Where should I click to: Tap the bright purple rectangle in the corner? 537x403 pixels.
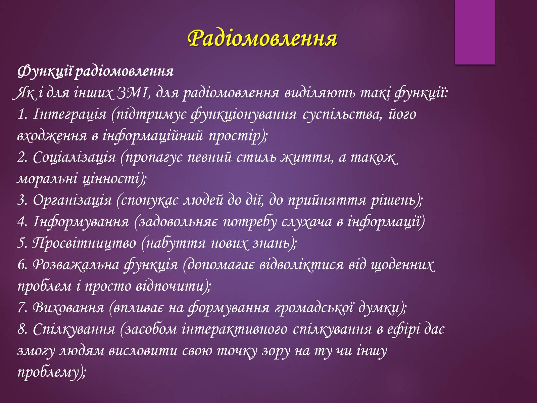pos(475,32)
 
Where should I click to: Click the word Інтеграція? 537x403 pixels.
pos(69,114)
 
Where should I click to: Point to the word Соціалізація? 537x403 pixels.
pos(74,157)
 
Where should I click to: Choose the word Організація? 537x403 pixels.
pos(72,200)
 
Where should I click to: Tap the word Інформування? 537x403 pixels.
pos(81,222)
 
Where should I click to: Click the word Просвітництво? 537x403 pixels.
pos(84,243)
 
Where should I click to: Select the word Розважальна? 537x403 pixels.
pos(76,265)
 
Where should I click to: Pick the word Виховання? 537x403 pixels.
pos(68,308)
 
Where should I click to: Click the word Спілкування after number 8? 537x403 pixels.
pos(74,329)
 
